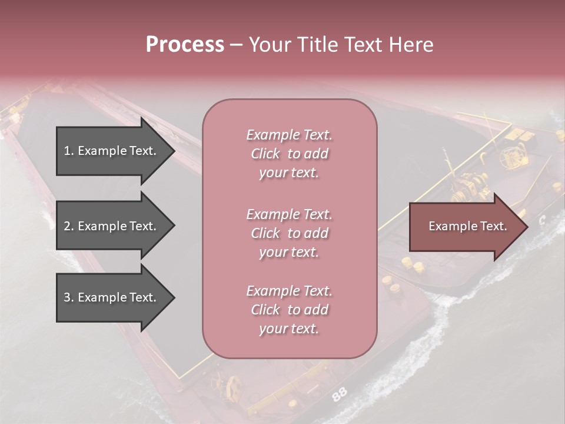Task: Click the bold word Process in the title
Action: (185, 45)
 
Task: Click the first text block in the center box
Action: (289, 154)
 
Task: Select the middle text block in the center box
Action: (289, 233)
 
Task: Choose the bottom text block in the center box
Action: (289, 310)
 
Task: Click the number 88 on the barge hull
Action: (339, 395)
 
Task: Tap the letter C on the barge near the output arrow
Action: (542, 219)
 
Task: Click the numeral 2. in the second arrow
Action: (69, 226)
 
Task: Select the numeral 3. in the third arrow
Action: (69, 297)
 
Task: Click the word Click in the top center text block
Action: (265, 154)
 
